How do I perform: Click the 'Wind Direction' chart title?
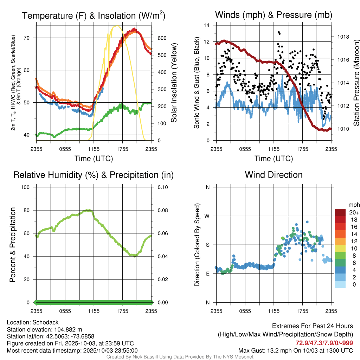[274, 175]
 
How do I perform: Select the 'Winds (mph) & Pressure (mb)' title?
[274, 15]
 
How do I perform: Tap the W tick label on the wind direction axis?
[207, 216]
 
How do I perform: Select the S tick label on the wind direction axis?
[207, 245]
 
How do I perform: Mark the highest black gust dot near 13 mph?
[279, 32]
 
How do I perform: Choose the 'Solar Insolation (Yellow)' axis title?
[174, 83]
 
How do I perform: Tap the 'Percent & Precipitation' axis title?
[13, 245]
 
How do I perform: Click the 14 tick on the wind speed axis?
[207, 25]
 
